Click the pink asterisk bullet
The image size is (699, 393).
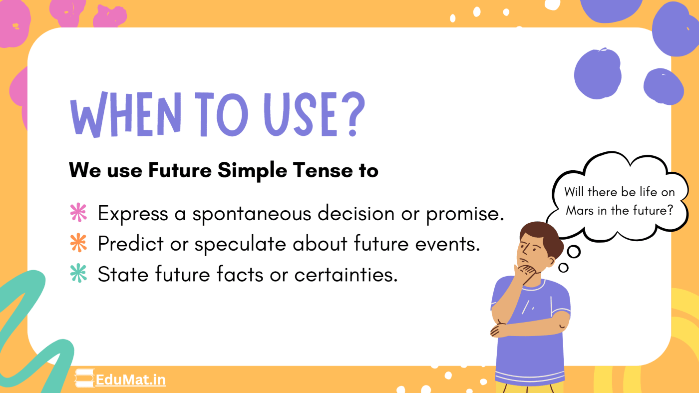(x=78, y=214)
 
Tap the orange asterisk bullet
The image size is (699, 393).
(x=78, y=244)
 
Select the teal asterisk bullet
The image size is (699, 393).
(x=78, y=274)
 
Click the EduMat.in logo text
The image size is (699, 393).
(x=131, y=380)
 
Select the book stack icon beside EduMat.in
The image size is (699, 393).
(x=84, y=379)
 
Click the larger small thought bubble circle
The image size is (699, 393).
(x=574, y=252)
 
